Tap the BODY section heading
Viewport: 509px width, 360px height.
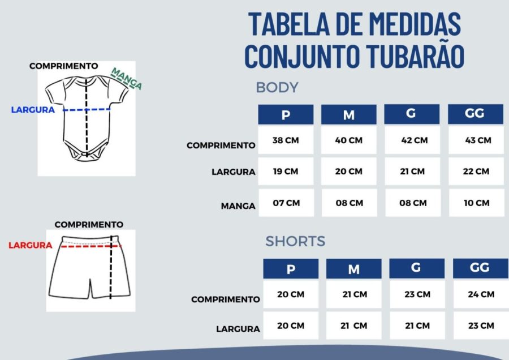(277, 87)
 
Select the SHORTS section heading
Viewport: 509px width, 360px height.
(295, 241)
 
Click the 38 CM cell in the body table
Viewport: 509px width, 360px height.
(286, 140)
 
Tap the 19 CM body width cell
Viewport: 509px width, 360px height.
(286, 172)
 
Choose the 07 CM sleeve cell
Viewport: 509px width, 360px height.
(286, 203)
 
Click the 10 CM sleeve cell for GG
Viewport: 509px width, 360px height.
(477, 203)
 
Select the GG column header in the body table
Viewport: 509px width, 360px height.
(476, 114)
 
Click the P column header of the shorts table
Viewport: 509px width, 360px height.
(291, 269)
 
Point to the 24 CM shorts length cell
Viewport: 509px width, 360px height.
(481, 294)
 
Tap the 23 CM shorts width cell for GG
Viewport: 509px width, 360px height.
(481, 325)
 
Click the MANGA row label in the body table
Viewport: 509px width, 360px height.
(238, 206)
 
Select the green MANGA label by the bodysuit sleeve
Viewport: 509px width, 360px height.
(126, 78)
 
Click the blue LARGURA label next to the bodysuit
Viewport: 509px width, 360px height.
(33, 110)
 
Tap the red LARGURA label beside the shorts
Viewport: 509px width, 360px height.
(30, 245)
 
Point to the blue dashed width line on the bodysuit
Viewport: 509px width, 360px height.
(87, 110)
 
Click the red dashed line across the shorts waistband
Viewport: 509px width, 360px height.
(91, 247)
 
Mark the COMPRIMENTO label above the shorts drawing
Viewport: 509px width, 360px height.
(89, 225)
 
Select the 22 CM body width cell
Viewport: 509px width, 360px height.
(476, 172)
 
